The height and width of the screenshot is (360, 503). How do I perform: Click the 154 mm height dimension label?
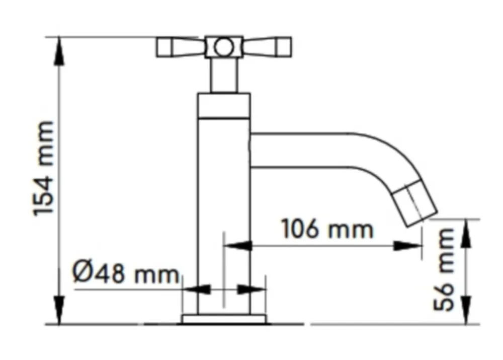click(43, 168)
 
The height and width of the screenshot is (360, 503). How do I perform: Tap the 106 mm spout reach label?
click(327, 229)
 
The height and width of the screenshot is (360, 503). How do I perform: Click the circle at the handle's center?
click(224, 47)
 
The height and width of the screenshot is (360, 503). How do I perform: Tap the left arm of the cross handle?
click(181, 47)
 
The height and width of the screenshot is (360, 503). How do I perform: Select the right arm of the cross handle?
click(267, 47)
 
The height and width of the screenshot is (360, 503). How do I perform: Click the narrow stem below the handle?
click(224, 75)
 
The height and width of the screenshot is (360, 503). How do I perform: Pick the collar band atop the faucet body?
click(224, 106)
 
